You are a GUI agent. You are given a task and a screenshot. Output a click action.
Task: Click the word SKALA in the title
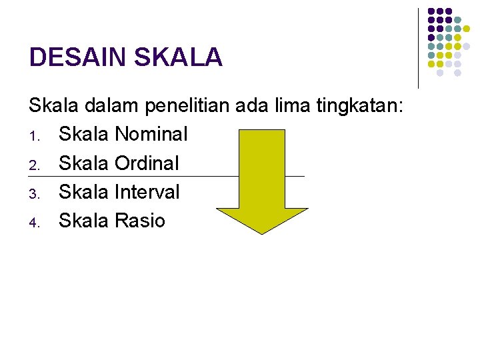(x=178, y=57)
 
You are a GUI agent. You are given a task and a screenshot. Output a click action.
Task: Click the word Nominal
(x=151, y=134)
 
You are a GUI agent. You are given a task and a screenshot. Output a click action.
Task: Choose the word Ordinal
(x=147, y=163)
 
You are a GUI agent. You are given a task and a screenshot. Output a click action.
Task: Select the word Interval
(x=147, y=192)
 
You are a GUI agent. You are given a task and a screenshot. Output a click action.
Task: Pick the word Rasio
(x=139, y=221)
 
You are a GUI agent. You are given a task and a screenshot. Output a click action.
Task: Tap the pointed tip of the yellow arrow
(x=261, y=232)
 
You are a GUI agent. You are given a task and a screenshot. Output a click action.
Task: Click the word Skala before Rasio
(x=84, y=221)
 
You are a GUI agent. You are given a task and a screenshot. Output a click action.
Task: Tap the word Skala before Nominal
(x=84, y=134)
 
